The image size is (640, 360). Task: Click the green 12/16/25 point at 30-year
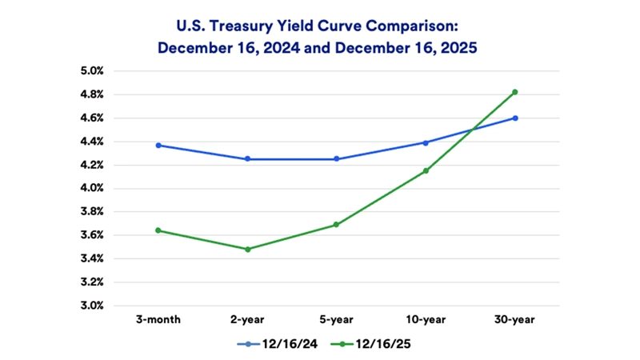pos(515,92)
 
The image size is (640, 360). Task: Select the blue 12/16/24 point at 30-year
pos(515,118)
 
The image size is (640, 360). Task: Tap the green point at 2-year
pos(247,249)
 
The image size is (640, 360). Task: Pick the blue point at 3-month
pos(158,146)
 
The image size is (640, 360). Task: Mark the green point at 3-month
pos(158,230)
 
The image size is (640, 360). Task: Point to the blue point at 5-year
pos(336,158)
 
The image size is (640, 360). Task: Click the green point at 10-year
pos(426,170)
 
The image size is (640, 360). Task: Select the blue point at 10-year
pos(426,142)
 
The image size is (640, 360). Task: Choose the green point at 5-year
pos(336,225)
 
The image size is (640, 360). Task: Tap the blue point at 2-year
pos(247,158)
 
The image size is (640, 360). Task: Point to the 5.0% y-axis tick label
pos(92,71)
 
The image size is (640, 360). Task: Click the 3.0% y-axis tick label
pos(92,306)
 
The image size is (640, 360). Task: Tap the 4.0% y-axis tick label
pos(92,189)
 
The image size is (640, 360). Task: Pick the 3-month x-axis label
pos(158,320)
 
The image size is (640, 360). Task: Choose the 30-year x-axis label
pos(515,320)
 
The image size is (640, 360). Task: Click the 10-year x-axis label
pos(426,320)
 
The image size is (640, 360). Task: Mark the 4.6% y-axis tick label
pos(92,118)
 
